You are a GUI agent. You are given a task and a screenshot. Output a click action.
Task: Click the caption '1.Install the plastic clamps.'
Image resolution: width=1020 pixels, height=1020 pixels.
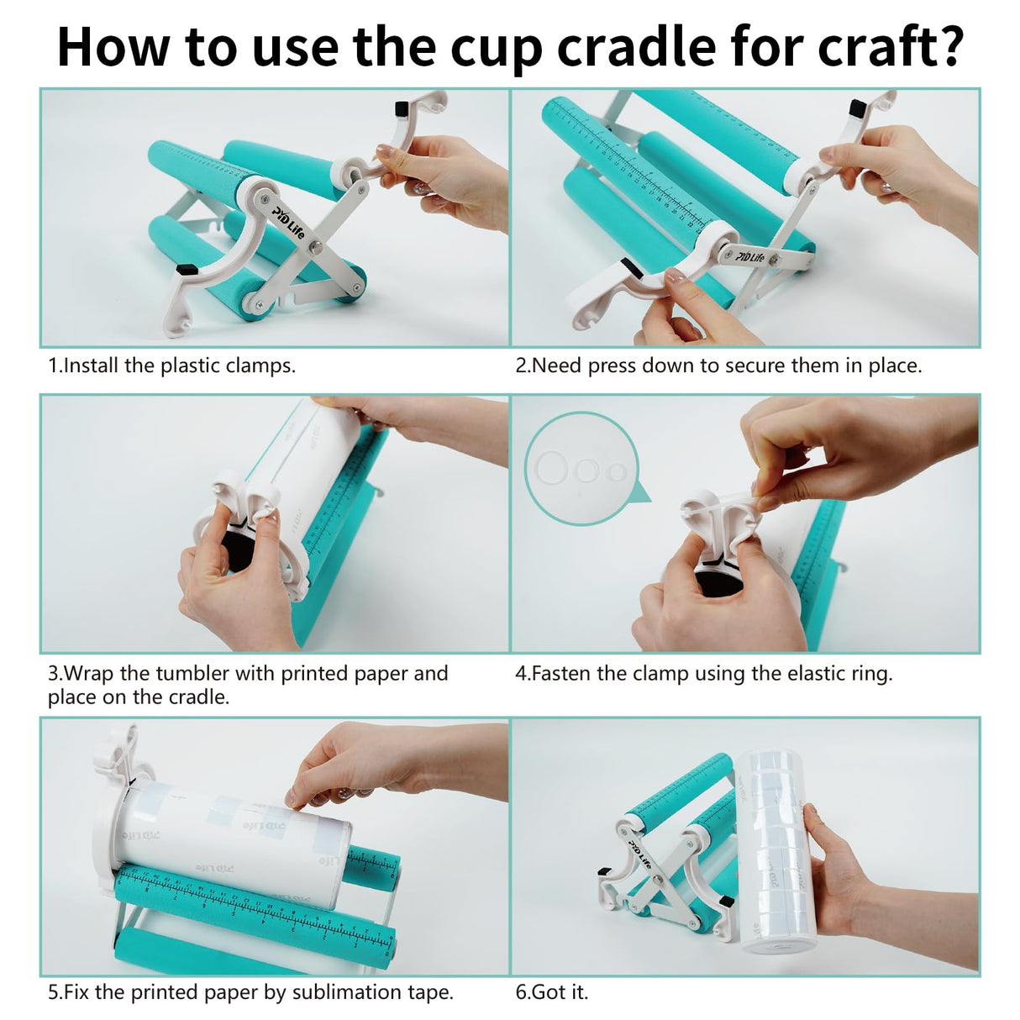point(171,365)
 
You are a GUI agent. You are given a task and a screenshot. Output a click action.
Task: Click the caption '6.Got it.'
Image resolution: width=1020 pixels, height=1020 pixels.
point(551,992)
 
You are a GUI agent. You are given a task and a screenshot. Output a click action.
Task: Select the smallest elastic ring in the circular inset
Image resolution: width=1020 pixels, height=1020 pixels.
point(618,471)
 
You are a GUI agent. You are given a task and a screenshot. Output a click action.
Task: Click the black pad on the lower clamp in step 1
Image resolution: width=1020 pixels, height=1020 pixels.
point(187,271)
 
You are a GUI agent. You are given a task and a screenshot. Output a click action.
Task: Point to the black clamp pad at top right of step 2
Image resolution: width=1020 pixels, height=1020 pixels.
point(857,108)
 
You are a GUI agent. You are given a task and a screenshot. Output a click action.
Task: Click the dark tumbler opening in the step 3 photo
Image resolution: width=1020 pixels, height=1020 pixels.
point(239,555)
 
